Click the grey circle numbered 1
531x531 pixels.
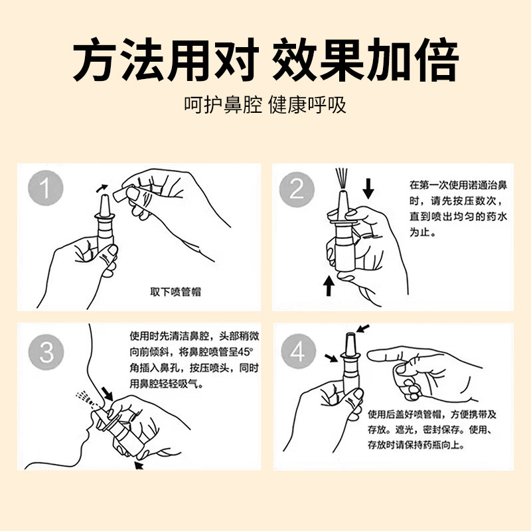click(46, 188)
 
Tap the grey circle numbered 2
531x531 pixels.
click(297, 189)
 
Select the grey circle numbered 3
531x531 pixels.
click(46, 352)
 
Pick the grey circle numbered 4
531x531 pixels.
click(298, 352)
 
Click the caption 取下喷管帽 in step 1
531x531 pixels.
click(175, 292)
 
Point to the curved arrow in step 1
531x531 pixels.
click(102, 188)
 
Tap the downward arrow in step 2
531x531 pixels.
click(368, 189)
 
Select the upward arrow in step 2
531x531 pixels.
click(328, 286)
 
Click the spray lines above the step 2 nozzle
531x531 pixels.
click(342, 179)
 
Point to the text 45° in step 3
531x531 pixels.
click(245, 352)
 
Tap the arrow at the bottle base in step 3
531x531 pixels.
click(139, 466)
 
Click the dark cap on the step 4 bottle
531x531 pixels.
click(350, 343)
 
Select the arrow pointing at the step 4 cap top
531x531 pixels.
click(362, 328)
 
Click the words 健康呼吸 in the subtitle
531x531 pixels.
click(307, 105)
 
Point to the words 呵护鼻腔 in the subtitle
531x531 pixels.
click(223, 105)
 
